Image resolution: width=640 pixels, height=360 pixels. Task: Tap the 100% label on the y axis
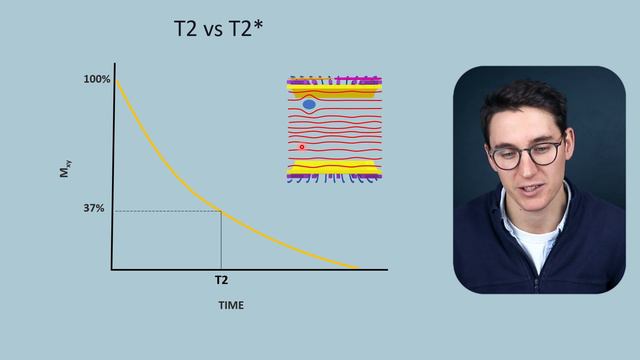click(x=97, y=78)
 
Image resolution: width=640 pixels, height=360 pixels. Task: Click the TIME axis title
click(x=231, y=305)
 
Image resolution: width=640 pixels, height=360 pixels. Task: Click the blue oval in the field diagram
click(x=309, y=104)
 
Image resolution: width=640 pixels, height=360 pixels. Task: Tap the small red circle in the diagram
click(x=302, y=147)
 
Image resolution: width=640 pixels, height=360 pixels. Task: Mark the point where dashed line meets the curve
click(x=221, y=210)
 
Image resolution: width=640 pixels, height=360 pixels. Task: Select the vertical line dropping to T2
click(x=221, y=240)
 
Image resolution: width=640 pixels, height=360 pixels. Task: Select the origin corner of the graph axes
click(x=113, y=269)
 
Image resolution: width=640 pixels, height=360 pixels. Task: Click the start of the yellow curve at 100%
click(x=117, y=79)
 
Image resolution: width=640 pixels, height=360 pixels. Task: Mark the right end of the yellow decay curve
click(x=356, y=267)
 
